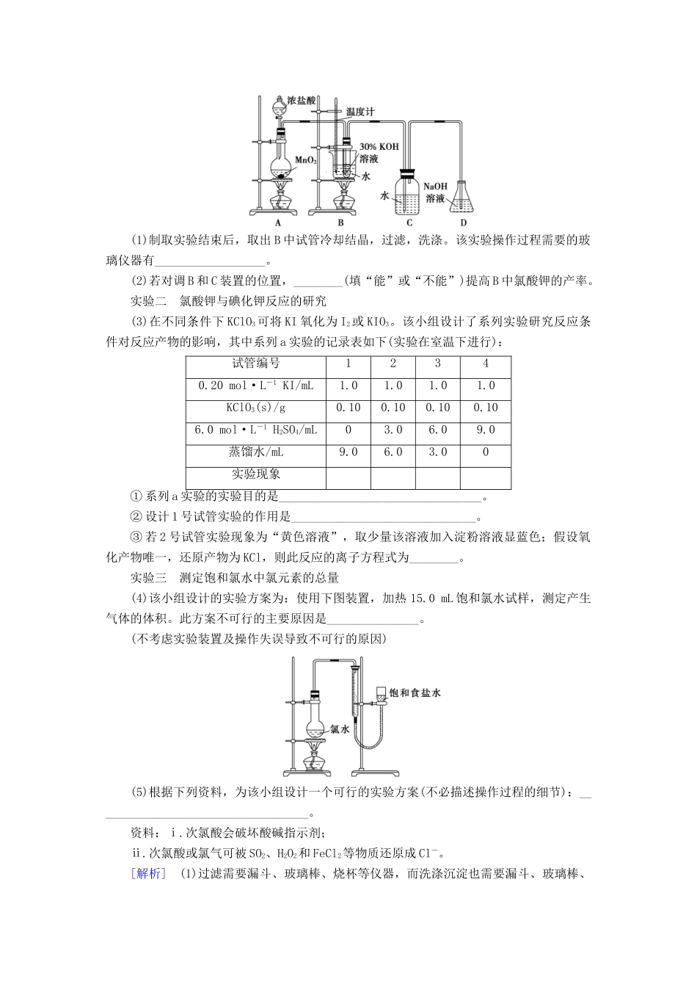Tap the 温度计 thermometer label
(360, 112)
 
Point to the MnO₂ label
(306, 160)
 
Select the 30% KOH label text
(379, 147)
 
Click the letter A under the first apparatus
(278, 223)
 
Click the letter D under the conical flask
(463, 223)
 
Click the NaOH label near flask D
(435, 187)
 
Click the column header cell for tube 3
(438, 364)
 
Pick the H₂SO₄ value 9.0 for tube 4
(486, 430)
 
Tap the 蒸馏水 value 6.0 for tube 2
(393, 452)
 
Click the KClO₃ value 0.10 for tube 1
(348, 408)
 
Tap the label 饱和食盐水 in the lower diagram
(415, 693)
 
